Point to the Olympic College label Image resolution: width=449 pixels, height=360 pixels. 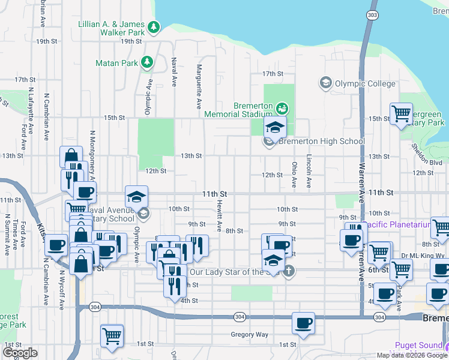tap(364, 83)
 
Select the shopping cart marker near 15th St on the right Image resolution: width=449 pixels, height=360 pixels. tap(400, 113)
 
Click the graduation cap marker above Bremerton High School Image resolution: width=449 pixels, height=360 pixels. tap(275, 128)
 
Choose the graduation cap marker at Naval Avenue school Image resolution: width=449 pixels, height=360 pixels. tap(136, 196)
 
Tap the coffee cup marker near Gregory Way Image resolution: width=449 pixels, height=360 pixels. tap(303, 323)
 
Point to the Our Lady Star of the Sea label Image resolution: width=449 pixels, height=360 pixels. tap(235, 271)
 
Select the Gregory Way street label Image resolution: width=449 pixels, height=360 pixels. tap(250, 334)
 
